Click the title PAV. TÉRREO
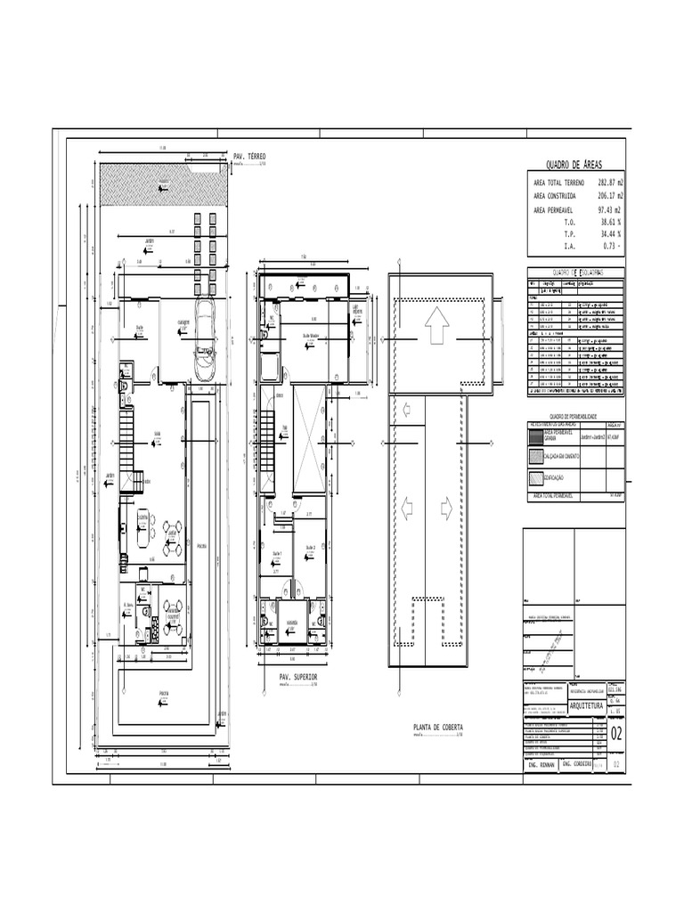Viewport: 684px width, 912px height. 249,156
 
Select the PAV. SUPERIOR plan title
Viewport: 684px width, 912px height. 298,677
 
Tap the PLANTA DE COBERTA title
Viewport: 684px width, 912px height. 438,728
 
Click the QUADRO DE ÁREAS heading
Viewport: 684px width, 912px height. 574,165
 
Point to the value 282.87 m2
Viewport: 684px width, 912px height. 610,182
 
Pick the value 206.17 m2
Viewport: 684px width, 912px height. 610,195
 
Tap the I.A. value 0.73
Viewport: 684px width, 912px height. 611,246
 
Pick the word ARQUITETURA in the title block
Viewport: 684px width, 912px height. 580,705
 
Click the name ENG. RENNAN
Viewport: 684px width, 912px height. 540,765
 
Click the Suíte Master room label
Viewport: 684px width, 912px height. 313,336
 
